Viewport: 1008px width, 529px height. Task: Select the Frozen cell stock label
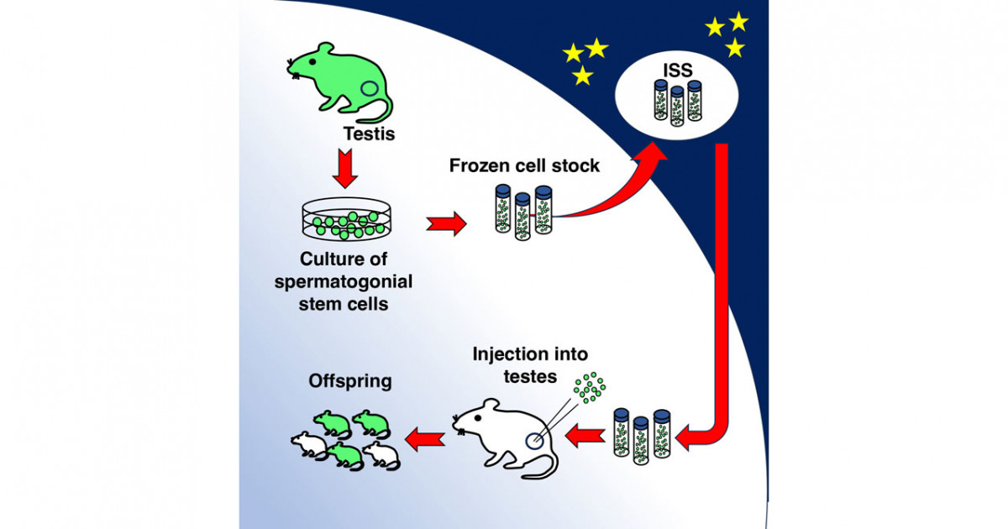tap(524, 165)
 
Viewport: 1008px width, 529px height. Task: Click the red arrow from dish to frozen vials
tap(445, 224)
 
